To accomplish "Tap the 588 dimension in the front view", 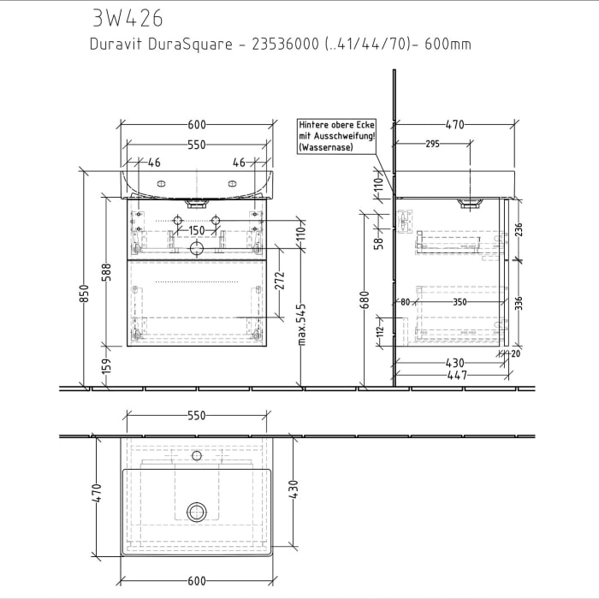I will click(x=107, y=271).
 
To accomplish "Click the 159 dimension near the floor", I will click(x=107, y=366).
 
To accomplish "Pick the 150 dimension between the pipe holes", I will click(x=197, y=231).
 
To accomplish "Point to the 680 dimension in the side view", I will click(x=365, y=299).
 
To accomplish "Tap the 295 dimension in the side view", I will click(x=432, y=144).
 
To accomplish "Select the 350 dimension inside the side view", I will click(x=460, y=302).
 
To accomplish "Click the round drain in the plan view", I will click(x=197, y=512).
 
